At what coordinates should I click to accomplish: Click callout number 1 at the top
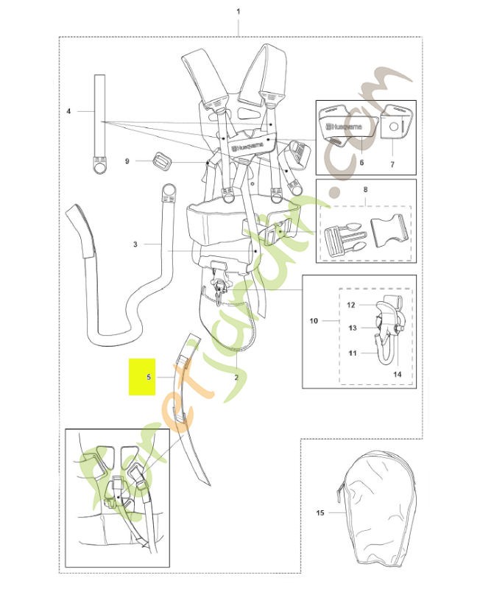click(x=238, y=12)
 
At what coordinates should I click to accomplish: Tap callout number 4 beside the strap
click(x=68, y=111)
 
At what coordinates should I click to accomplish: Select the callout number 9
click(x=127, y=161)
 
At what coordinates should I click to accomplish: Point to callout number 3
click(x=135, y=244)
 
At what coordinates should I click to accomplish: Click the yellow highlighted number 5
click(x=149, y=376)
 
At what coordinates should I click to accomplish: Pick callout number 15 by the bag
click(x=320, y=512)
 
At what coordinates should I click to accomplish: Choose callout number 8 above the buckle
click(x=365, y=189)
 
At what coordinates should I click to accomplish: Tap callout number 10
click(x=314, y=321)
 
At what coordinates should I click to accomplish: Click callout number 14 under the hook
click(x=398, y=374)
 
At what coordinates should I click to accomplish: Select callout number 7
click(x=392, y=164)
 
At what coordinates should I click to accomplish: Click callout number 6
click(x=361, y=162)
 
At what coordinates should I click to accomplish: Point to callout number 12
click(x=351, y=305)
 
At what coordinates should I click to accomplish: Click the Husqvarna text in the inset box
click(x=345, y=127)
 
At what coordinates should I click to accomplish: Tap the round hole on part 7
click(x=393, y=127)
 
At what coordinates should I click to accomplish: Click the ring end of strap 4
click(x=100, y=166)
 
